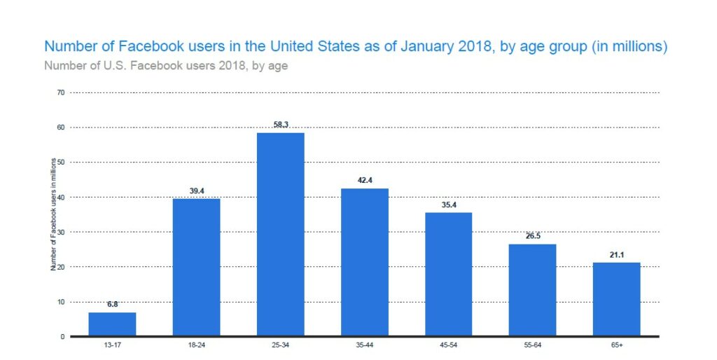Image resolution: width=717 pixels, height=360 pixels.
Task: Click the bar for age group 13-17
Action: (112, 324)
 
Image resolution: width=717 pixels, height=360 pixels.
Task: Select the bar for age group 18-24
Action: (196, 267)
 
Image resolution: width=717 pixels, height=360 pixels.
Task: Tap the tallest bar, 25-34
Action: (280, 234)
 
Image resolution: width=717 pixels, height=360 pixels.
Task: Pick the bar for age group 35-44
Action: (364, 262)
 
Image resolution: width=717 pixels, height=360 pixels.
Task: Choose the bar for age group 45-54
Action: (448, 274)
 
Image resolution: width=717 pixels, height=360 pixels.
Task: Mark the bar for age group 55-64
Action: (532, 290)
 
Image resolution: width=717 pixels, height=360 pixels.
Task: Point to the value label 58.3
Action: (280, 124)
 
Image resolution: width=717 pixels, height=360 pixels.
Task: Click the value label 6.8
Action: (112, 304)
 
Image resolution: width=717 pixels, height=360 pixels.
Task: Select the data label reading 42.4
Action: (364, 180)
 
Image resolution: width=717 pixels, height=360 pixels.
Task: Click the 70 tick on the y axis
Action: (61, 92)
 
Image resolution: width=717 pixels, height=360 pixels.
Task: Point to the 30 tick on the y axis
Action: (61, 232)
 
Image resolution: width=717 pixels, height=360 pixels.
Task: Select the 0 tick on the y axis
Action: (62, 337)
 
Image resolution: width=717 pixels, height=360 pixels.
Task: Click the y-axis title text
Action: (53, 214)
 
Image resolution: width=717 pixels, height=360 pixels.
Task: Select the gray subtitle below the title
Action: (165, 67)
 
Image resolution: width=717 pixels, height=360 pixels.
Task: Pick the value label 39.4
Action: (196, 190)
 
